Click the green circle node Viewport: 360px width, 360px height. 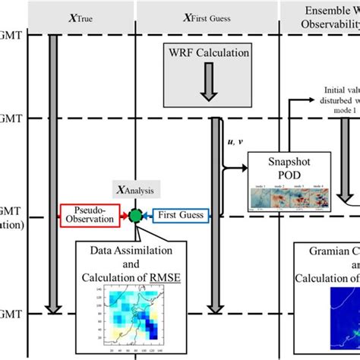click(x=136, y=215)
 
